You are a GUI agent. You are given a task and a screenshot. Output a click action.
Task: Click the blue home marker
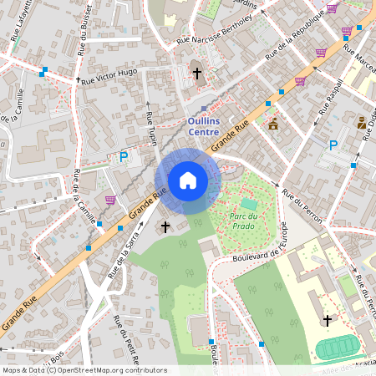point(188,180)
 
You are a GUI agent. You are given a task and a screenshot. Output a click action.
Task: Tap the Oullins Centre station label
point(204,125)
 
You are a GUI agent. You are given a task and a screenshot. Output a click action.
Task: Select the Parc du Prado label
point(248,220)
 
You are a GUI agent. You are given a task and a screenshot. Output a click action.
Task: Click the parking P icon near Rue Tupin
point(124,156)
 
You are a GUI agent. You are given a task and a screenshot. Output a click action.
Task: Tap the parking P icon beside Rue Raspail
point(333,145)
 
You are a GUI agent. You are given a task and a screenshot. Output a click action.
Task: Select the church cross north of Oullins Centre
point(197,74)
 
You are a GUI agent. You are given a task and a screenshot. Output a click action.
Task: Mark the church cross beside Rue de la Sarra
point(165,226)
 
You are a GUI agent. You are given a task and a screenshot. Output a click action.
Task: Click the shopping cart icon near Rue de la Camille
point(110,200)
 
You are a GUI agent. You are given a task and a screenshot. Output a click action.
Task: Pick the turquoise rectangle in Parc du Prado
point(249,203)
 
